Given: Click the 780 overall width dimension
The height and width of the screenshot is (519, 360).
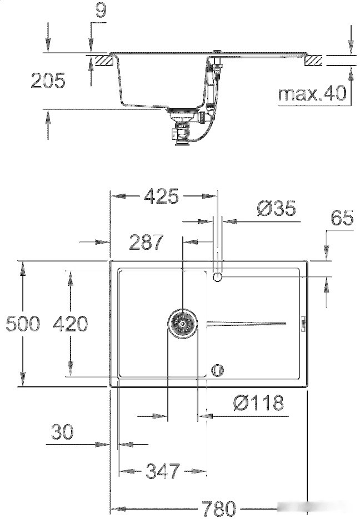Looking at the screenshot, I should pyautogui.click(x=218, y=508).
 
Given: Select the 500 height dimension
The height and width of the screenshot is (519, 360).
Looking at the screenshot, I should pyautogui.click(x=23, y=323).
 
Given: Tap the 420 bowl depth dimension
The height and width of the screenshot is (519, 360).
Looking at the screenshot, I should pyautogui.click(x=70, y=323).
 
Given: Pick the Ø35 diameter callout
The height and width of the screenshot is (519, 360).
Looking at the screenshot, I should pyautogui.click(x=276, y=209).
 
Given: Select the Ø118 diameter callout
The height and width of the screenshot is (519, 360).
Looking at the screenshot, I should pyautogui.click(x=258, y=403).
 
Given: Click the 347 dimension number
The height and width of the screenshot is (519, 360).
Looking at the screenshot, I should pyautogui.click(x=162, y=471).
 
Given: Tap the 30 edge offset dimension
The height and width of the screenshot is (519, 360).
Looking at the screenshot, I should pyautogui.click(x=62, y=432).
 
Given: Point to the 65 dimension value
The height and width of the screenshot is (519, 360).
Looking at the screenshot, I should pyautogui.click(x=342, y=218).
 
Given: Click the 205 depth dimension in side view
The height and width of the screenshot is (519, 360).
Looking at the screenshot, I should pyautogui.click(x=47, y=81).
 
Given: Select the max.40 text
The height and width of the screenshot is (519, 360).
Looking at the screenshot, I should pyautogui.click(x=312, y=94).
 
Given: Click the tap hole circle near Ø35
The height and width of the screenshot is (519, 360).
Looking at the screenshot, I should pyautogui.click(x=218, y=276).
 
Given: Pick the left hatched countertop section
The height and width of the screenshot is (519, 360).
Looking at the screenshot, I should pyautogui.click(x=100, y=59).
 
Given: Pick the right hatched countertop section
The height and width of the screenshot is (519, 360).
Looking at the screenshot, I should pyautogui.click(x=314, y=59).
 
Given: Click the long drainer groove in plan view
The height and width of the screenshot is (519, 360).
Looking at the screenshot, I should pyautogui.click(x=246, y=323).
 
